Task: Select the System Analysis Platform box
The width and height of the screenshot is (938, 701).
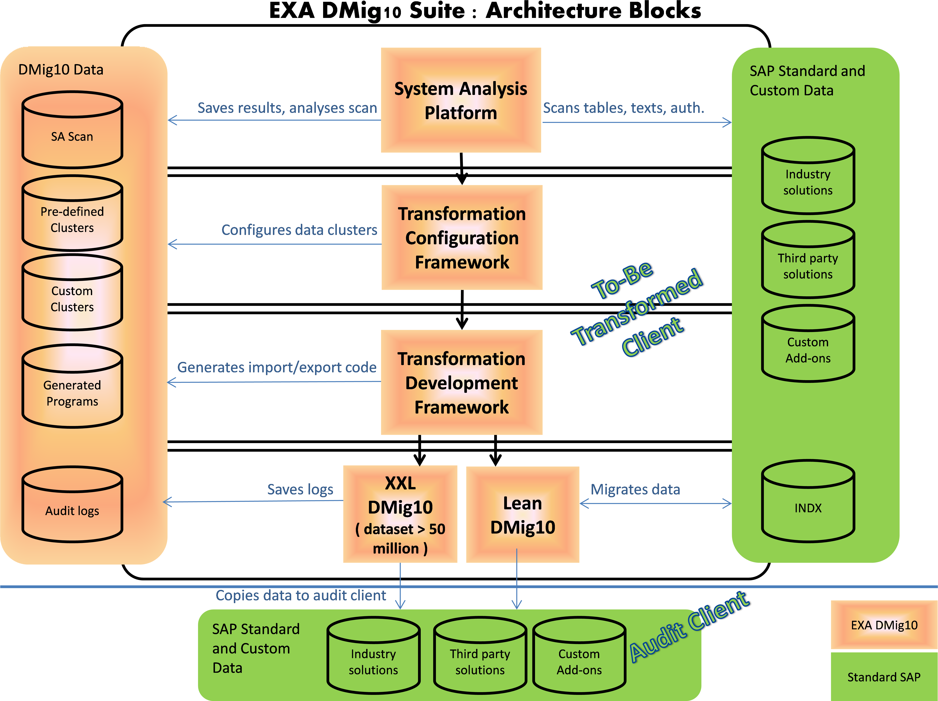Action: (461, 101)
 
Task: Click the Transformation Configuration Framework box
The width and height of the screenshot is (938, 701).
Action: (462, 238)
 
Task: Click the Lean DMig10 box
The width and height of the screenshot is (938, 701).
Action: (522, 515)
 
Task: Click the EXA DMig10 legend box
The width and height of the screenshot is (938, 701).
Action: (884, 625)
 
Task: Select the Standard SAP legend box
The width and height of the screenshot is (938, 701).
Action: (884, 677)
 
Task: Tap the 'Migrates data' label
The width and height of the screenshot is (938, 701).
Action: (635, 489)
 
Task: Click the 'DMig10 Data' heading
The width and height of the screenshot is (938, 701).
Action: (61, 70)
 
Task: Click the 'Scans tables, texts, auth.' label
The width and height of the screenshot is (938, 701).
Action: (623, 108)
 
